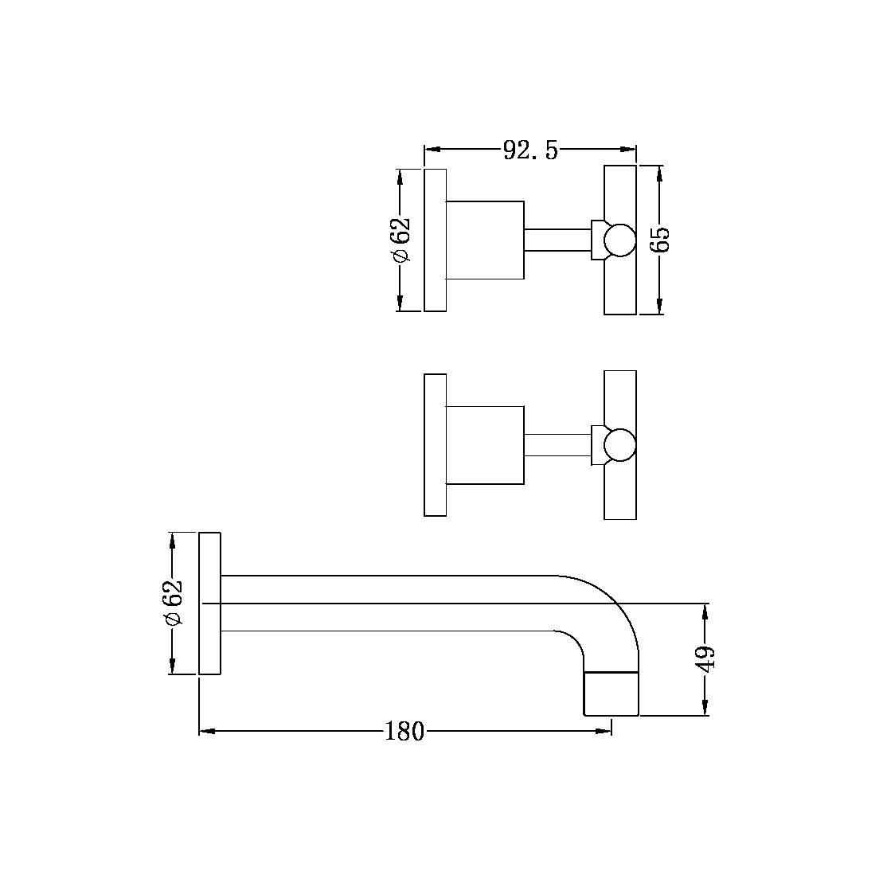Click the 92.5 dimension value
pyautogui.click(x=530, y=150)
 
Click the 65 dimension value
pyautogui.click(x=661, y=239)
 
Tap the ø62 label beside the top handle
pyautogui.click(x=400, y=240)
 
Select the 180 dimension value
pyautogui.click(x=404, y=731)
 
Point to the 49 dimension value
pyautogui.click(x=706, y=659)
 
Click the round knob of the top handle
pyautogui.click(x=619, y=240)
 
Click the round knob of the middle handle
pyautogui.click(x=619, y=445)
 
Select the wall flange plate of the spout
pyautogui.click(x=209, y=604)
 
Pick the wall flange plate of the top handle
pyautogui.click(x=435, y=240)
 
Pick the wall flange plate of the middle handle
pyautogui.click(x=435, y=445)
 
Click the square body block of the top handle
pyautogui.click(x=484, y=240)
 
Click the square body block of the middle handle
pyautogui.click(x=484, y=445)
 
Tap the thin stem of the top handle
pyautogui.click(x=557, y=240)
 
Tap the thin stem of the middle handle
pyautogui.click(x=557, y=445)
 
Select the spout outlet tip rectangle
pyautogui.click(x=611, y=694)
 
